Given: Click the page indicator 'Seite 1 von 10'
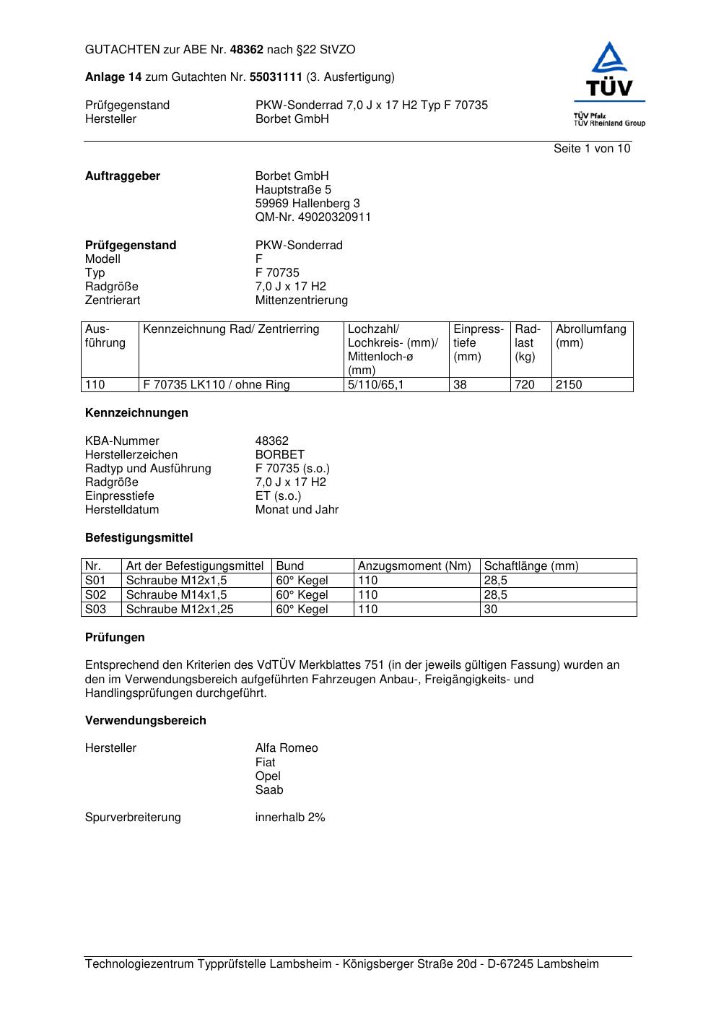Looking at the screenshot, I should click(591, 149).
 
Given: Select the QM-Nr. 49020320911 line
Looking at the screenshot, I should click(313, 217).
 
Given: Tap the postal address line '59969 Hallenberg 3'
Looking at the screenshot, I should click(307, 204).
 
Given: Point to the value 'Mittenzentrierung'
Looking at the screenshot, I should click(301, 300).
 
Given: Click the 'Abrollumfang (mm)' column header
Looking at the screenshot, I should click(591, 336).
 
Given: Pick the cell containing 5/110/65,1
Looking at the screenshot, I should click(376, 385).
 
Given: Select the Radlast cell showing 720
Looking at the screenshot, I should click(525, 385).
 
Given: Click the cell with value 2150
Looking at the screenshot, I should click(569, 385).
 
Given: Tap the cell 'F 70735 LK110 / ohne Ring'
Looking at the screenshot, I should click(217, 385).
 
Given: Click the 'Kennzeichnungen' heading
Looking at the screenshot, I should click(136, 413).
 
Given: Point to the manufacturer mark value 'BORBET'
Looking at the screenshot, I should click(279, 455).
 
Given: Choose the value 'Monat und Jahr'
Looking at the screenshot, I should click(297, 510).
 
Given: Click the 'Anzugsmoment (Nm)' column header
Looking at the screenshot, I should click(414, 566).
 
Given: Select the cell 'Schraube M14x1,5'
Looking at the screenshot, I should click(176, 595).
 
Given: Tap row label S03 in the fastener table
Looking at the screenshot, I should click(95, 610).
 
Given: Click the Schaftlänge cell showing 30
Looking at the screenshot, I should click(491, 610).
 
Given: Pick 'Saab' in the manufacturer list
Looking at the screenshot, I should click(269, 790).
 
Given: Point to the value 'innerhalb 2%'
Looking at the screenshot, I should click(290, 818).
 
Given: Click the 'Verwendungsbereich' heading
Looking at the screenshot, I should click(145, 721).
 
